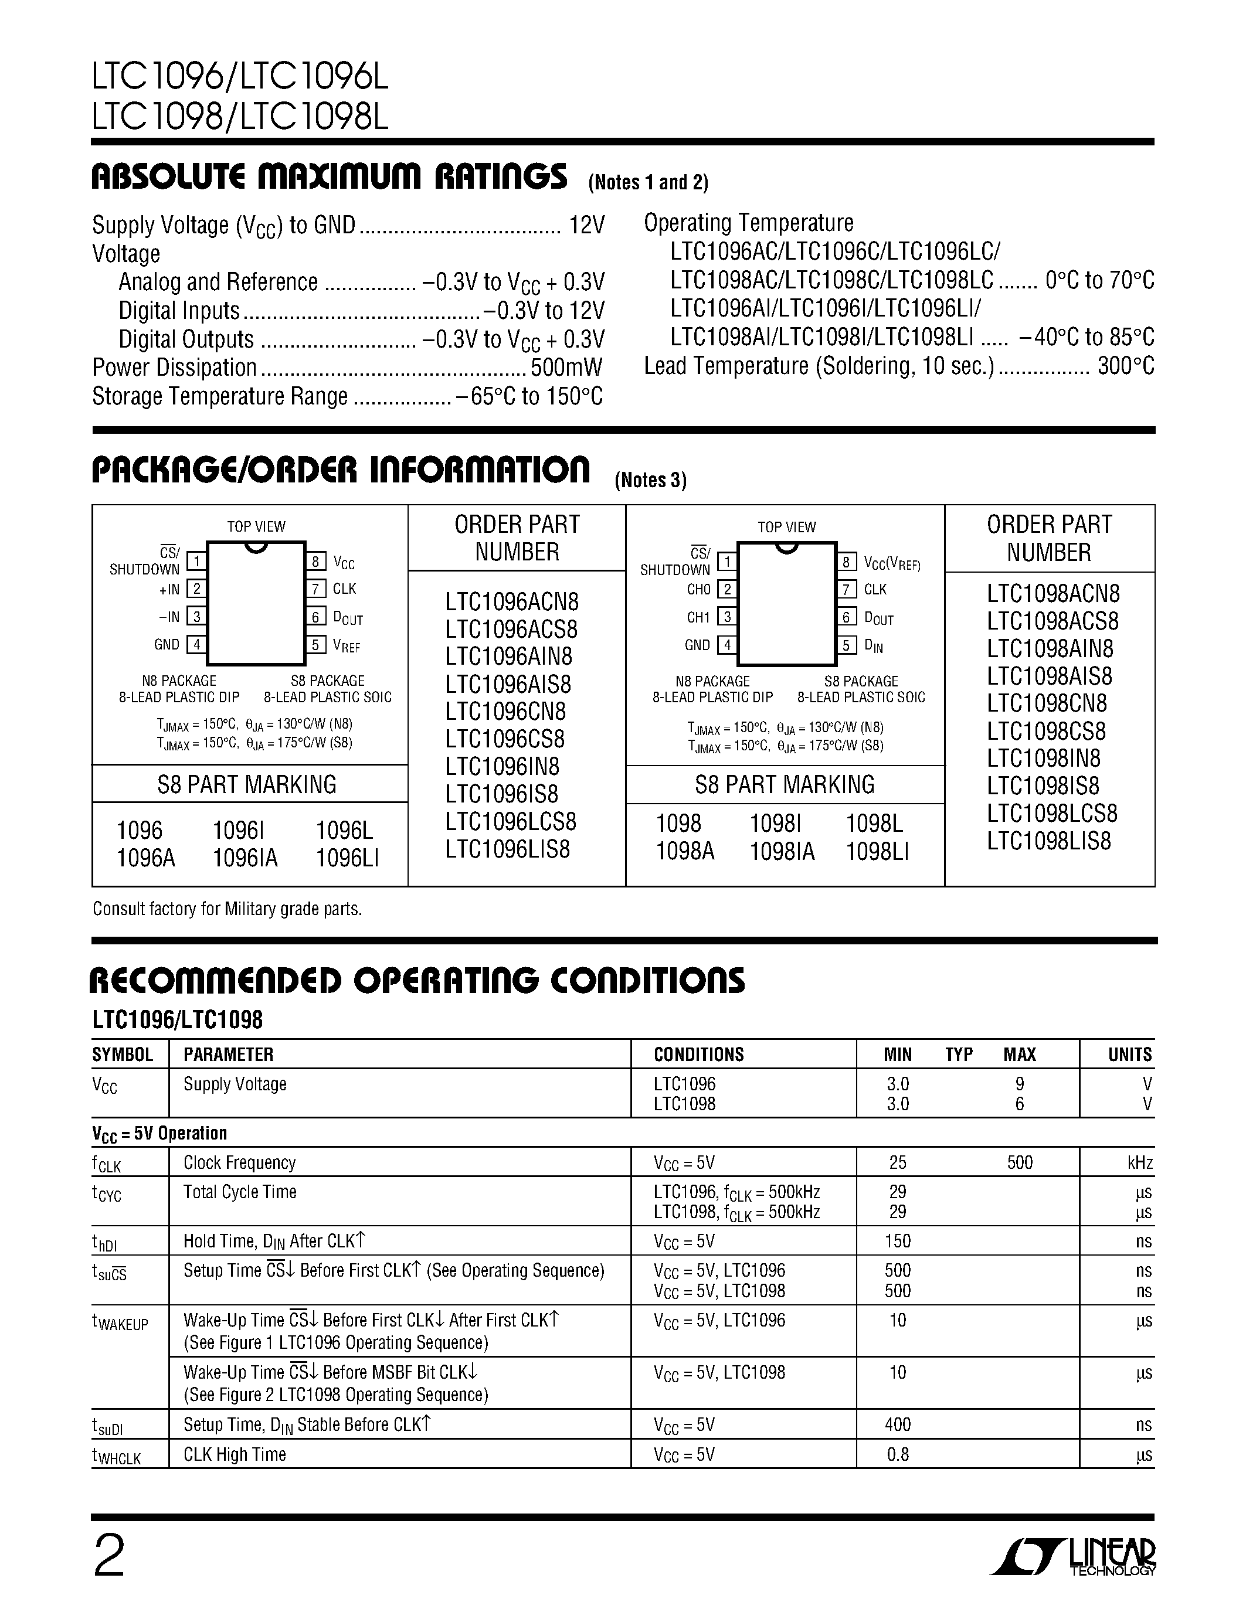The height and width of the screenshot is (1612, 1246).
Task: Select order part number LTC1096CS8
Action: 505,739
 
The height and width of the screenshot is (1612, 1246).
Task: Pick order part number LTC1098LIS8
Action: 1048,841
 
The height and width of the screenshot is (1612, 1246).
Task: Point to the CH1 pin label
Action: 698,617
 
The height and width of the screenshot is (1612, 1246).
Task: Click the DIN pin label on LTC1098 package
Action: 873,647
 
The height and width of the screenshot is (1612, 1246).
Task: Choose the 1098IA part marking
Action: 782,852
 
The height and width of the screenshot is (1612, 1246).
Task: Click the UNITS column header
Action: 1129,1054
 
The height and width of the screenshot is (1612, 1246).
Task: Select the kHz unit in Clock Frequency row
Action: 1139,1163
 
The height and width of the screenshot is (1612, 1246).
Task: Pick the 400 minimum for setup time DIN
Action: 898,1424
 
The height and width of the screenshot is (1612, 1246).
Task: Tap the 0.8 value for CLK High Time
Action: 898,1454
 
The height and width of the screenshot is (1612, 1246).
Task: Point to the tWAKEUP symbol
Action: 120,1322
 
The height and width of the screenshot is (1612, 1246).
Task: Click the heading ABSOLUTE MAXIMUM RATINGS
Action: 329,177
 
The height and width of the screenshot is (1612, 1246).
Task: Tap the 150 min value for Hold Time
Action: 898,1241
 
